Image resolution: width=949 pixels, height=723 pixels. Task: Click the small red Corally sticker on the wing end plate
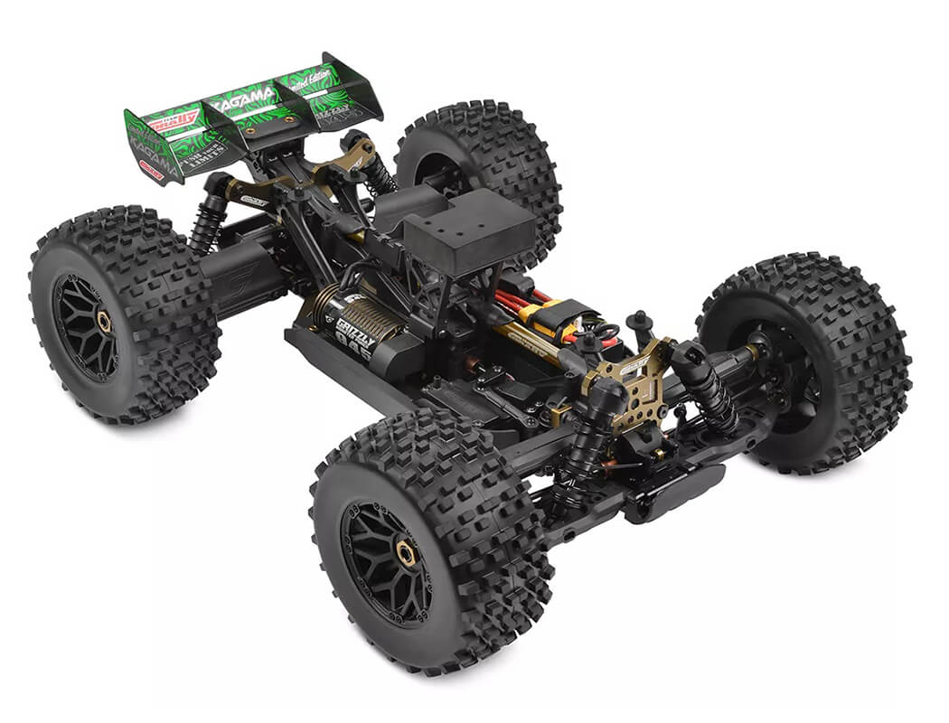click(151, 170)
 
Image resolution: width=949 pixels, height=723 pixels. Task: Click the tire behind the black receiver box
click(479, 163)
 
